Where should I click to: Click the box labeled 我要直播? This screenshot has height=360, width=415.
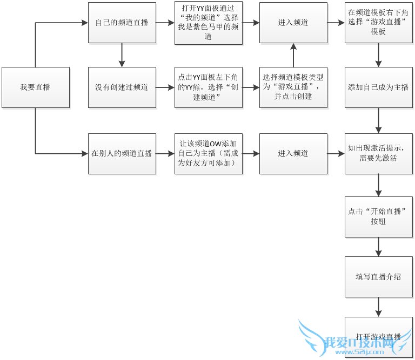click(x=36, y=87)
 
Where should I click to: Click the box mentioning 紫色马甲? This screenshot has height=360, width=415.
click(x=208, y=23)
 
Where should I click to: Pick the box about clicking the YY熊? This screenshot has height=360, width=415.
click(x=208, y=87)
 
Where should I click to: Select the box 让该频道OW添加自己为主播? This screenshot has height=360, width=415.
click(x=208, y=153)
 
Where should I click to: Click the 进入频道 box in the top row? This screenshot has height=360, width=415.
click(x=293, y=23)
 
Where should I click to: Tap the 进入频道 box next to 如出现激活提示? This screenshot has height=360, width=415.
click(x=293, y=153)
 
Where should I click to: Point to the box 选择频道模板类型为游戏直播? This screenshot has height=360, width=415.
click(x=293, y=87)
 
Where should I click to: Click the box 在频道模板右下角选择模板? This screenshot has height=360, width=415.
click(x=378, y=23)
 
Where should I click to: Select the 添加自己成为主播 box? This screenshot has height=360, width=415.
click(x=378, y=87)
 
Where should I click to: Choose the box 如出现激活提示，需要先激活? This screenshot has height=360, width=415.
click(x=378, y=153)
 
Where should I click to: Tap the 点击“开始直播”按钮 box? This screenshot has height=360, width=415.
click(x=378, y=216)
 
